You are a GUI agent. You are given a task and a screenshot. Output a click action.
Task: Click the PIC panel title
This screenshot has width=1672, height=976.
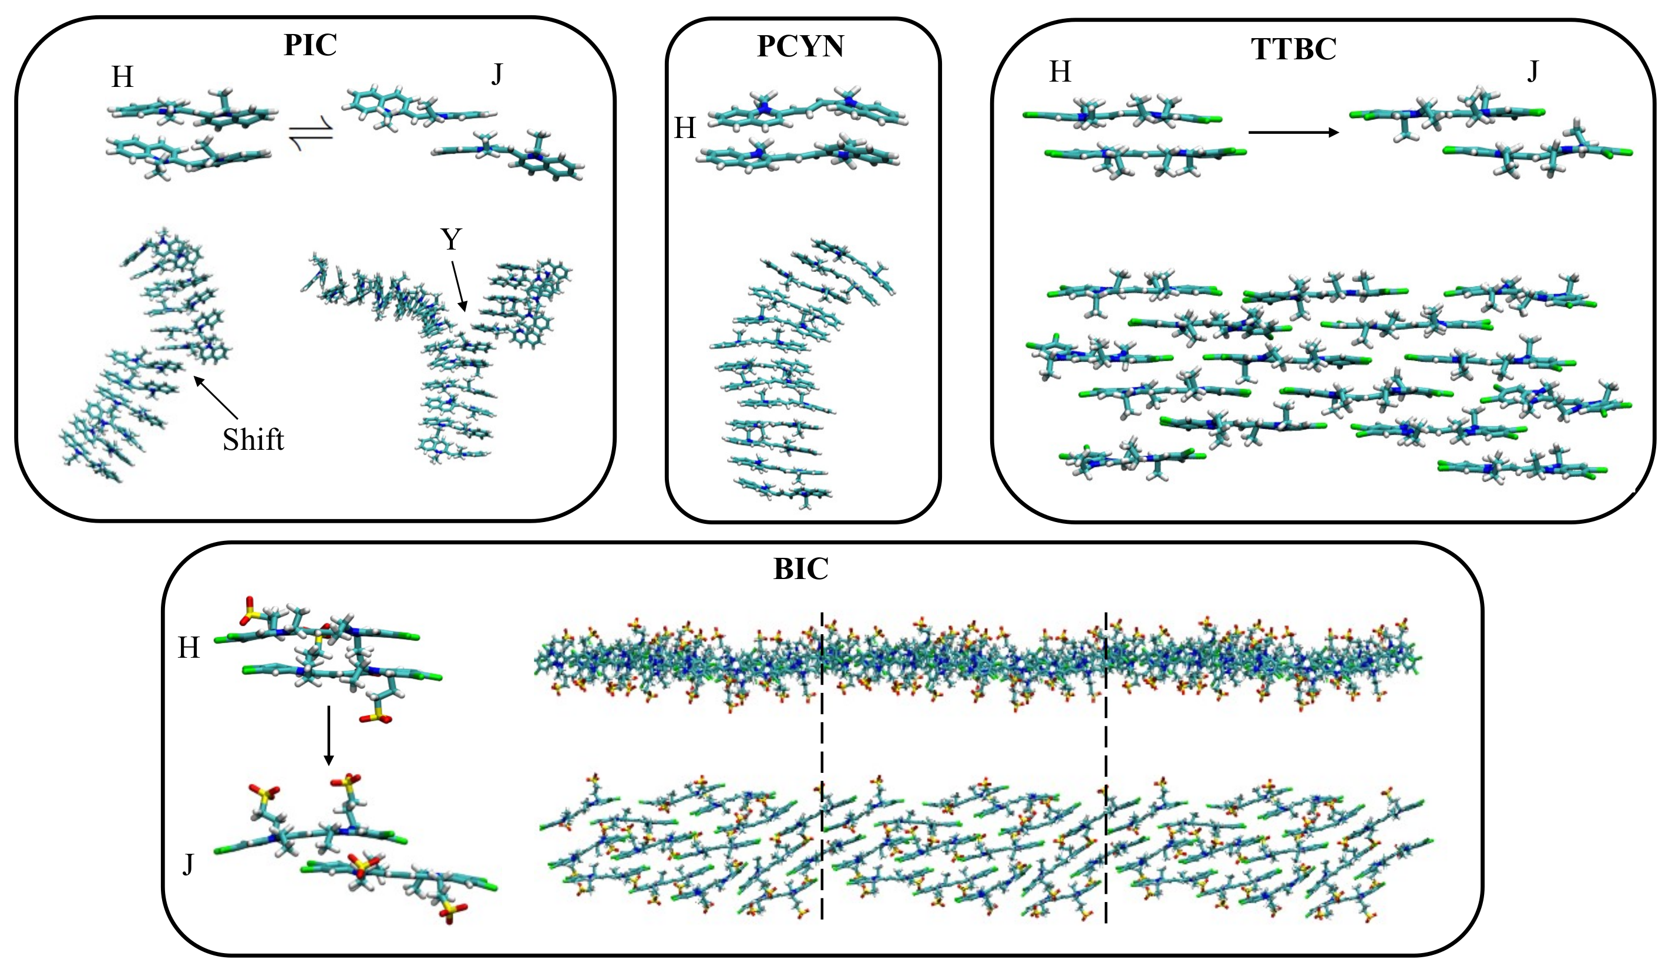point(310,45)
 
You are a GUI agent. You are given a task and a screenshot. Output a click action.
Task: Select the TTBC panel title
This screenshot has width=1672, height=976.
point(1293,49)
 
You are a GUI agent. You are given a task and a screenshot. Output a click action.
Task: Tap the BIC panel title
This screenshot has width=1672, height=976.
point(801,569)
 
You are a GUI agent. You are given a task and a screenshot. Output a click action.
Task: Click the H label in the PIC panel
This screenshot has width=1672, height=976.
point(122,78)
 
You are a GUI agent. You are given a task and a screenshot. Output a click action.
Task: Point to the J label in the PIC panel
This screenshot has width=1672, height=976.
point(496,75)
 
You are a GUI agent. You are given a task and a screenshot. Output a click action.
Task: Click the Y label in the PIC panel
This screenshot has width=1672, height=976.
point(451,240)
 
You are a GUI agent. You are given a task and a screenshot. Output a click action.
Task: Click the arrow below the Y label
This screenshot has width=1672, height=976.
point(459,286)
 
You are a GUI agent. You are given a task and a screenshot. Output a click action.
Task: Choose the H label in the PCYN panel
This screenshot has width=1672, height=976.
point(685,128)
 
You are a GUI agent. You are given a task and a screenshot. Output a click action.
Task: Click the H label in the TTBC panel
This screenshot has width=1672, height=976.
point(1059,71)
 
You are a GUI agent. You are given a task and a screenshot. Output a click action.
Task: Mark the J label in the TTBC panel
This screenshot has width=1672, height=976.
point(1532,71)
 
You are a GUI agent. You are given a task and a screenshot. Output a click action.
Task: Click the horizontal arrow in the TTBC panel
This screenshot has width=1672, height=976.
point(1293,133)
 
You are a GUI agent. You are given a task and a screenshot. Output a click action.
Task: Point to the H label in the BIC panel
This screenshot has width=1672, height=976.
point(189,648)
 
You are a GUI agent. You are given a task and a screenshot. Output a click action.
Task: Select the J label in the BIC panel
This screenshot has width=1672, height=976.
point(188,864)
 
